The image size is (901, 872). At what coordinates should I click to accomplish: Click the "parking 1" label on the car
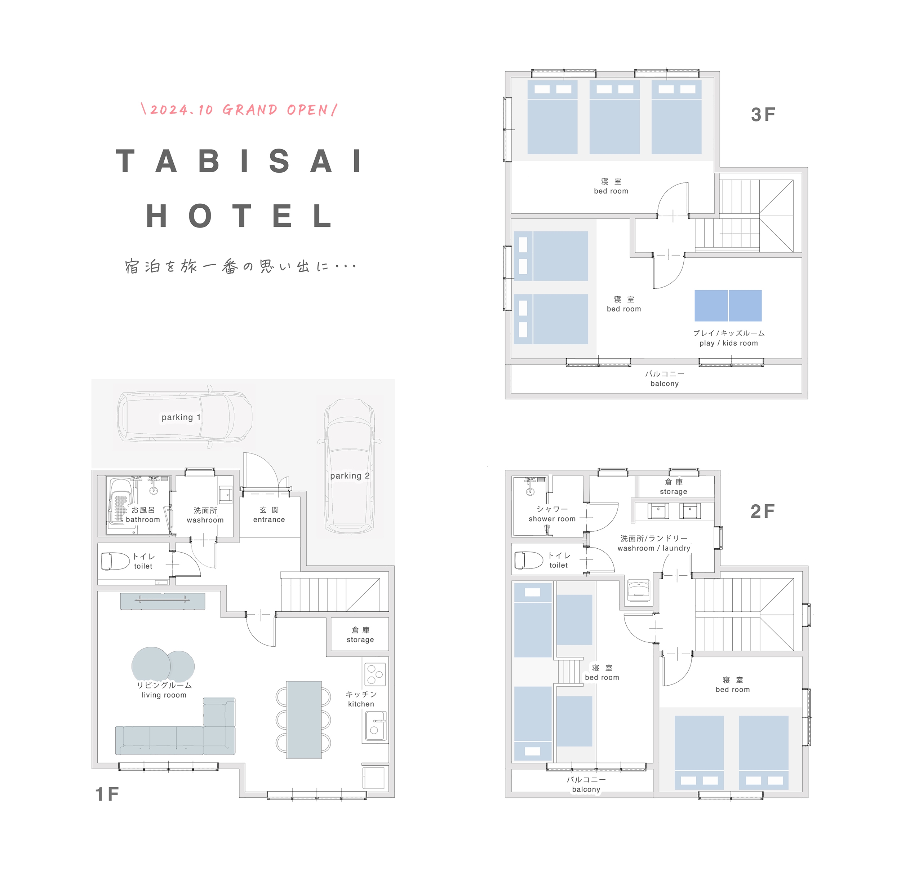tap(181, 417)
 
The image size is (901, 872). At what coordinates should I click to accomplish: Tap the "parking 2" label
tap(350, 475)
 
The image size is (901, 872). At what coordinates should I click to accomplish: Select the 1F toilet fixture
tap(115, 561)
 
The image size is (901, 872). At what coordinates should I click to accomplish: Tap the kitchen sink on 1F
tap(376, 726)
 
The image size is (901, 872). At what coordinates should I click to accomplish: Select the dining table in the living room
tap(304, 720)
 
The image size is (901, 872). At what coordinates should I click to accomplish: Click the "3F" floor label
tap(763, 115)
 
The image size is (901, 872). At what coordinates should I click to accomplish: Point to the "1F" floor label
tap(107, 794)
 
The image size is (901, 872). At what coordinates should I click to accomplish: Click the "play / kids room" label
tap(729, 343)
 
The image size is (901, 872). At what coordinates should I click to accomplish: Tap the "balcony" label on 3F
tap(664, 384)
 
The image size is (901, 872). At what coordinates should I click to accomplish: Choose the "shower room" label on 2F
tap(552, 519)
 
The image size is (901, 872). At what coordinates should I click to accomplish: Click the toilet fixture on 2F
tap(529, 560)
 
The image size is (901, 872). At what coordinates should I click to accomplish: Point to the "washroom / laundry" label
tap(654, 548)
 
